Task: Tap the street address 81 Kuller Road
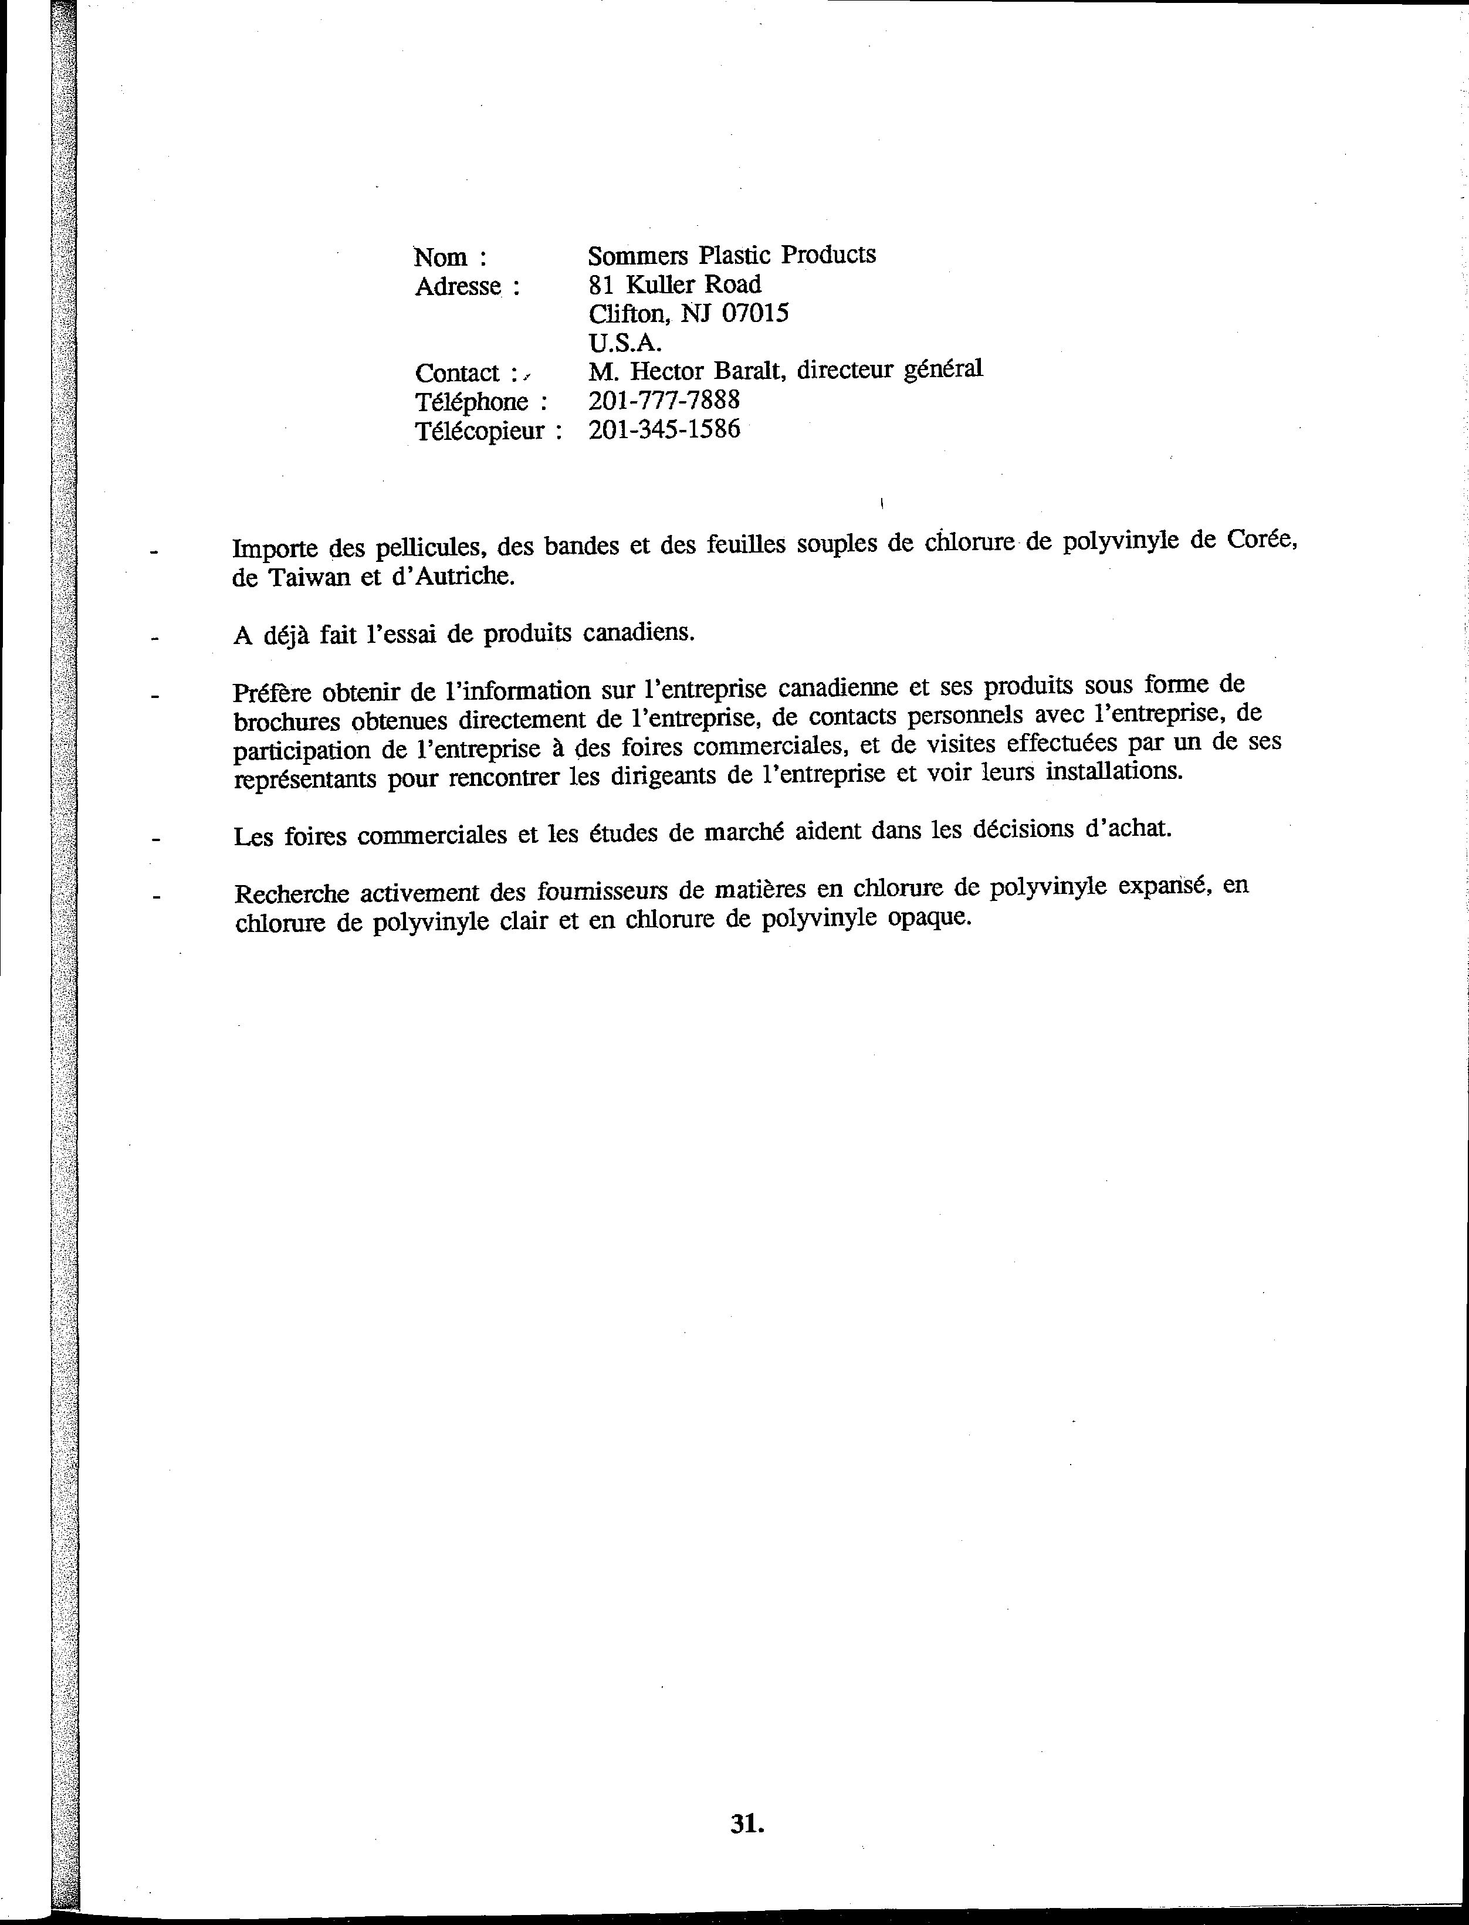point(674,284)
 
